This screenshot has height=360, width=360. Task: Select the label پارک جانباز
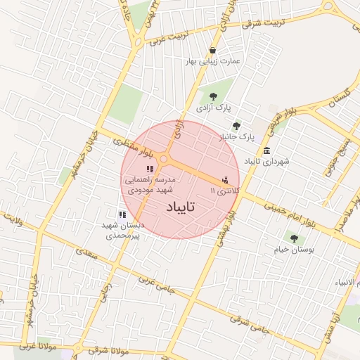click(236, 136)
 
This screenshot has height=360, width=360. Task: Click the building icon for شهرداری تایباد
click(266, 150)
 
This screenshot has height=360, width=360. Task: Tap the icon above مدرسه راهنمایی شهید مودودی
click(149, 169)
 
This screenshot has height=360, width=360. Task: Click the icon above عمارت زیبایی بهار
click(213, 50)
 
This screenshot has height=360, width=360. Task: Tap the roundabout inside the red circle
click(164, 159)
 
